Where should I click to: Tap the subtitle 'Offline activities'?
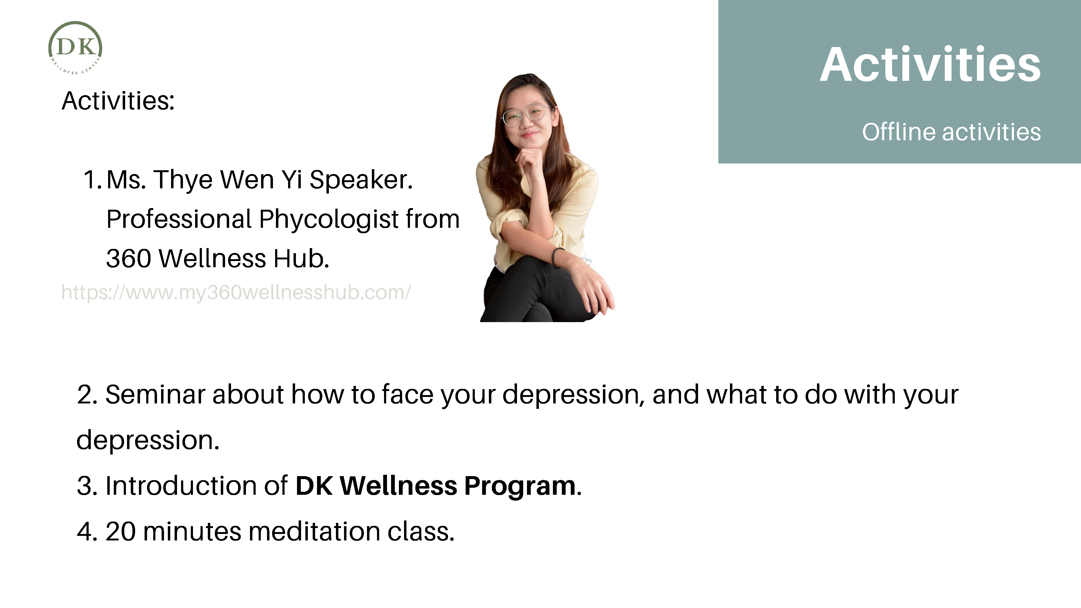pyautogui.click(x=951, y=132)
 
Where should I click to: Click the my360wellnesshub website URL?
pyautogui.click(x=236, y=292)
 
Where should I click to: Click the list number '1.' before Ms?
pyautogui.click(x=93, y=180)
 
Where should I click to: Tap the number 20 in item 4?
pyautogui.click(x=121, y=532)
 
